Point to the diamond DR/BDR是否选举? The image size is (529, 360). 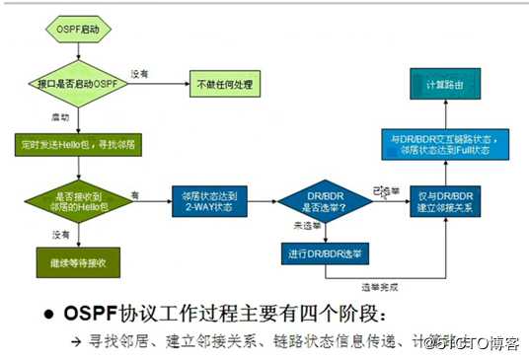click(324, 201)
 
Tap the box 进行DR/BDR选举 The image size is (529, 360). click(324, 252)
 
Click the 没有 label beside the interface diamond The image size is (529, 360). click(141, 74)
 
